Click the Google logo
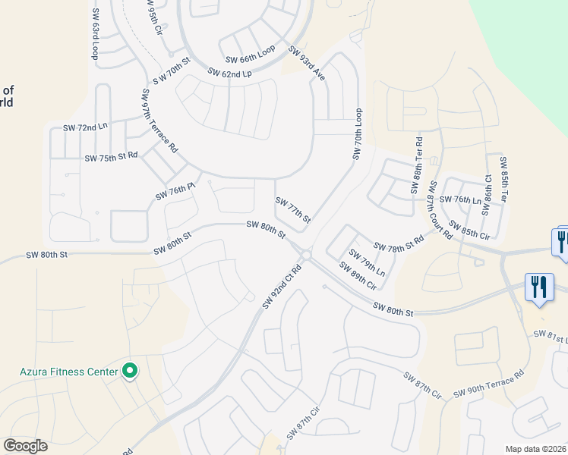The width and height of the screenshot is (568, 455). [25, 446]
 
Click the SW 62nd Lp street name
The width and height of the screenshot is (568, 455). [229, 74]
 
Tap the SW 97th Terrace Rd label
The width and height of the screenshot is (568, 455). [159, 121]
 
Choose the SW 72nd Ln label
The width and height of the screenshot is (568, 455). [86, 127]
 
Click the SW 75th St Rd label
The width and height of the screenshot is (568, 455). [112, 157]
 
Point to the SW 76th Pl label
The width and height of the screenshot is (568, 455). [175, 192]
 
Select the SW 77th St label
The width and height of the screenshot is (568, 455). [293, 210]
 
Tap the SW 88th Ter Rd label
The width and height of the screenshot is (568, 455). [417, 165]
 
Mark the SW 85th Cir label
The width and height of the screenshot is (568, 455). [469, 231]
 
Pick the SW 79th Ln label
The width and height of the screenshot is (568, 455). [368, 262]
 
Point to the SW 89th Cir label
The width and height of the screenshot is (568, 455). [358, 276]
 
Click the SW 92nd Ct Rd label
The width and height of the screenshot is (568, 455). [282, 286]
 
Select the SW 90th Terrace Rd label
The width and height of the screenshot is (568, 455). [489, 384]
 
